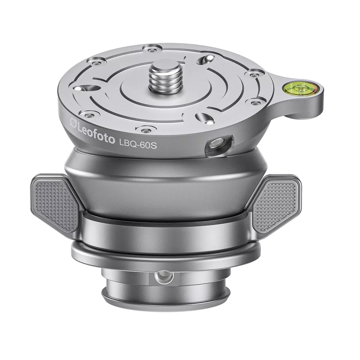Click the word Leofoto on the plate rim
pos(96,129)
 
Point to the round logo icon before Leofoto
pos(73,121)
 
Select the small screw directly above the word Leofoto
pos(90,113)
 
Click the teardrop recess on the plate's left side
pos(81,88)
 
